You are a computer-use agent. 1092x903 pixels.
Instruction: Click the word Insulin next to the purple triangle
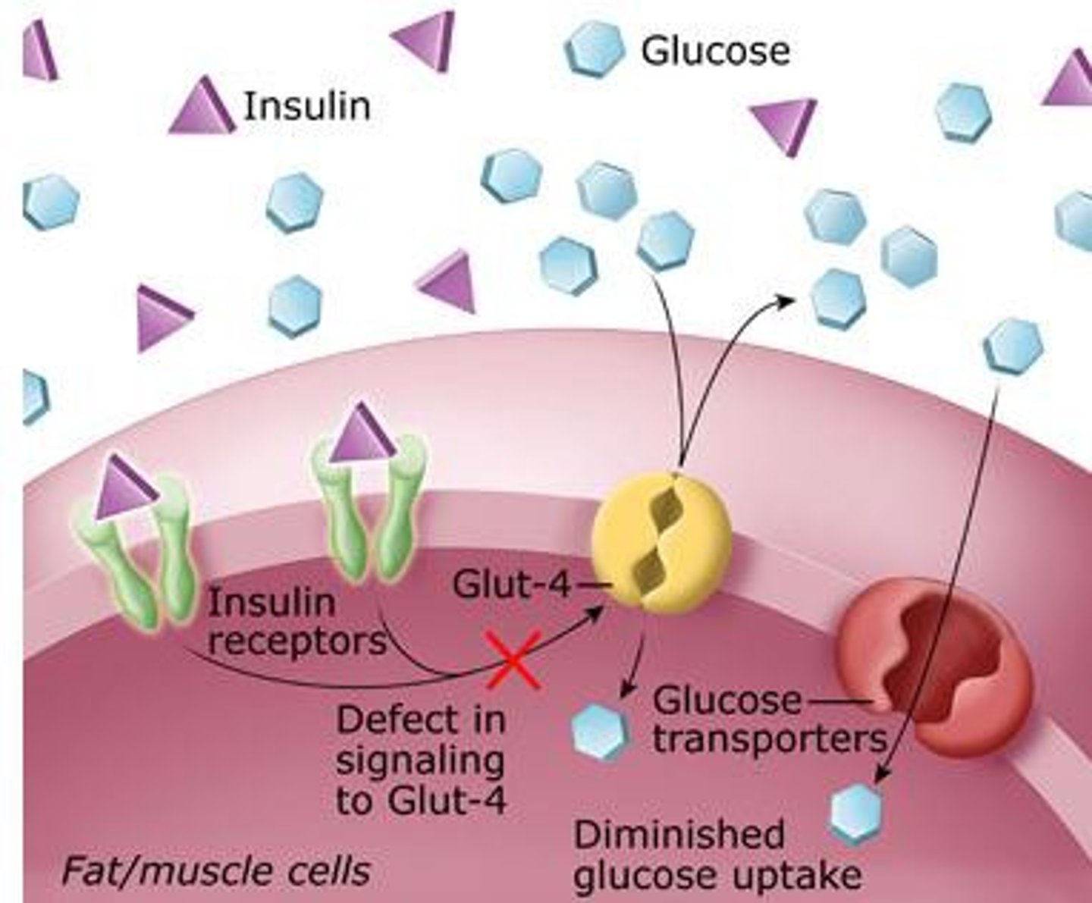(306, 106)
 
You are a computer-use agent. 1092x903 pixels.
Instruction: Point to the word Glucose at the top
(715, 52)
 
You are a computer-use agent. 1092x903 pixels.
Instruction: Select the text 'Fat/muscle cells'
(215, 870)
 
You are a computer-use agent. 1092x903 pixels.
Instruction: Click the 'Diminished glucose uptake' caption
(717, 855)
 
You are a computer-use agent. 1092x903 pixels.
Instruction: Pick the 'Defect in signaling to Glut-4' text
(421, 760)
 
